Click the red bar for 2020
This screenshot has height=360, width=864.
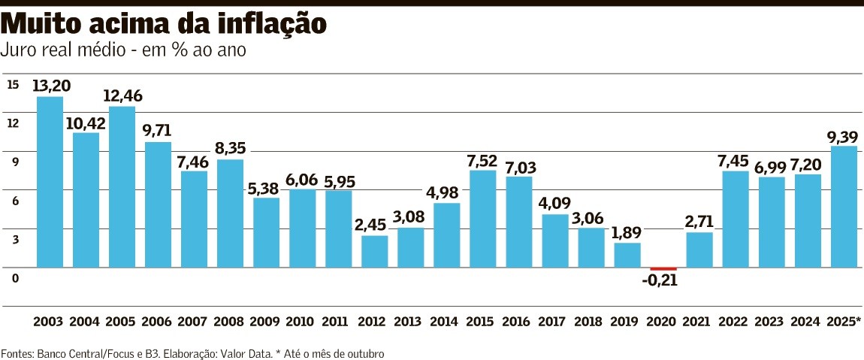[663, 268]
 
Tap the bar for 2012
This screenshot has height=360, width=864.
[374, 251]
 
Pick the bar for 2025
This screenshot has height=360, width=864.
[844, 207]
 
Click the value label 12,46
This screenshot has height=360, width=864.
[122, 96]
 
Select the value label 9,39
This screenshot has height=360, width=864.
[843, 135]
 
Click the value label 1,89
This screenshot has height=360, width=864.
[627, 232]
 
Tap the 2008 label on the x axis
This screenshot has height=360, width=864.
[230, 322]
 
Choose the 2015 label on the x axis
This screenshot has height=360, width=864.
[482, 322]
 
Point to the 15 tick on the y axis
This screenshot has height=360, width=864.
[13, 84]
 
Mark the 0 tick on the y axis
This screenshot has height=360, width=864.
[14, 278]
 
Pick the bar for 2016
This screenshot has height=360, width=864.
[518, 222]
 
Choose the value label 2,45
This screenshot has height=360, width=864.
[374, 225]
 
